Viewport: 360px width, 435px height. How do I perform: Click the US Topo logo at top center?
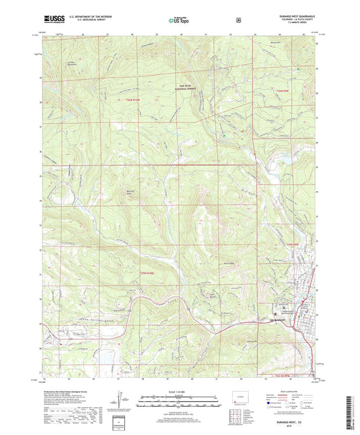[x=178, y=21]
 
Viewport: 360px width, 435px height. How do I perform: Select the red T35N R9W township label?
[x=291, y=243]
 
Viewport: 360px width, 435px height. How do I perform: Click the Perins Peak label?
[x=229, y=263]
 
